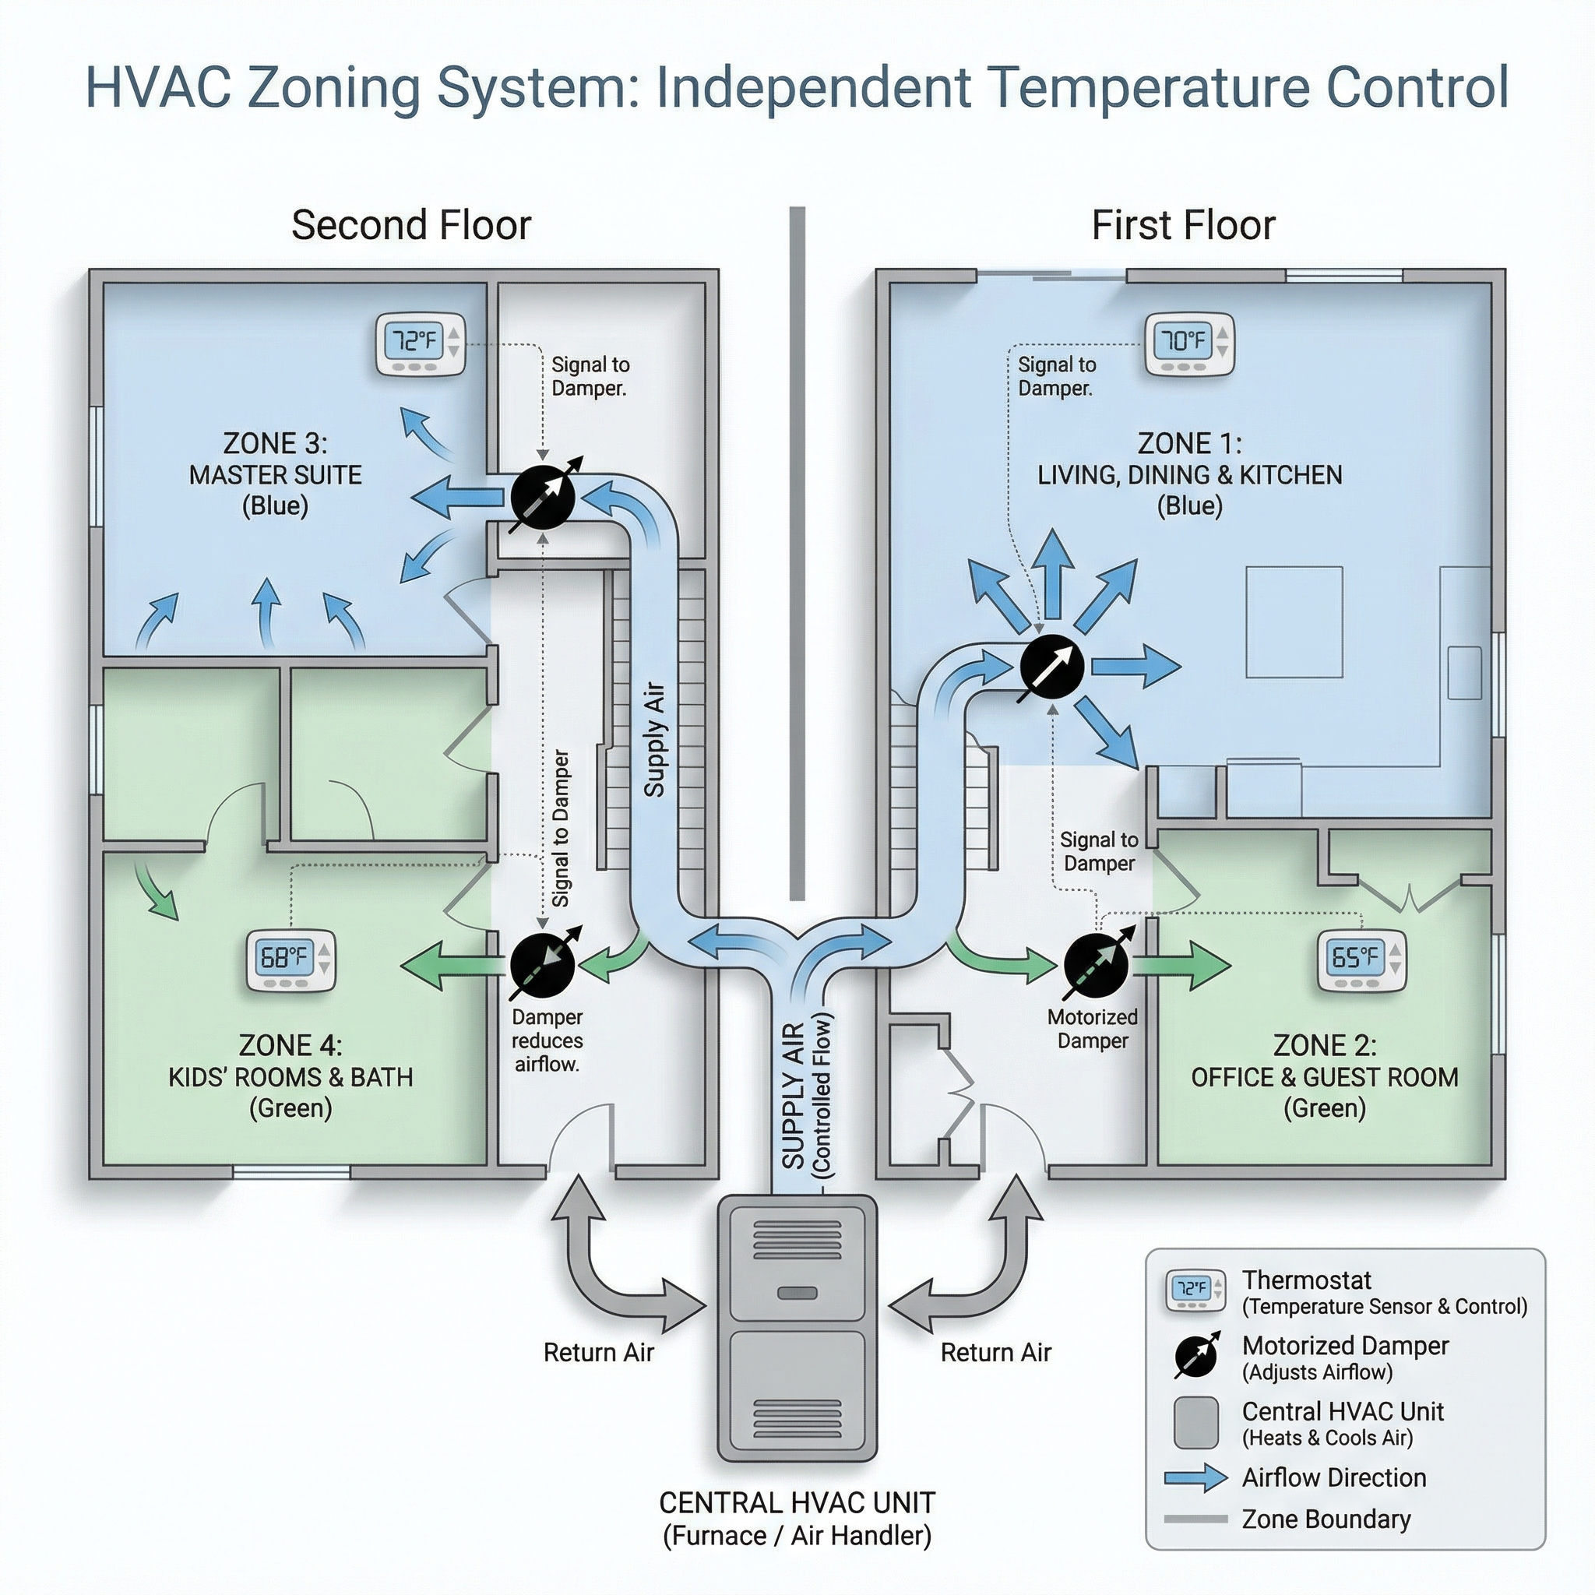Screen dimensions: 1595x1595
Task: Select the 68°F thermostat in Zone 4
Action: tap(290, 961)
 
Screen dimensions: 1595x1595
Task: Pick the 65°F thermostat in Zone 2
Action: tap(1361, 960)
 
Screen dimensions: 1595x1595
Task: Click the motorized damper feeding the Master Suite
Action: tap(542, 497)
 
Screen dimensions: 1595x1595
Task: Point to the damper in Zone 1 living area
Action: tap(1051, 667)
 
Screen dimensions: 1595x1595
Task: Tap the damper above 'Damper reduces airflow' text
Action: tap(542, 965)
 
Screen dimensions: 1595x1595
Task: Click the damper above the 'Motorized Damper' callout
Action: tap(1096, 965)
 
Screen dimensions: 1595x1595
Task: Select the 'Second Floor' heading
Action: tap(411, 225)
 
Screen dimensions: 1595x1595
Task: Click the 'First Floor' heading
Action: tap(1183, 225)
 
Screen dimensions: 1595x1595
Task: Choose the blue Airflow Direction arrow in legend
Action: tap(1195, 1477)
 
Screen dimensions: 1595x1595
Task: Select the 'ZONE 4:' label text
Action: tap(290, 1045)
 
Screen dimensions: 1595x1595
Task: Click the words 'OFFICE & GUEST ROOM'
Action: tap(1324, 1077)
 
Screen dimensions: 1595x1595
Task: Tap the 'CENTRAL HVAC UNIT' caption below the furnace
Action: tap(797, 1502)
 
